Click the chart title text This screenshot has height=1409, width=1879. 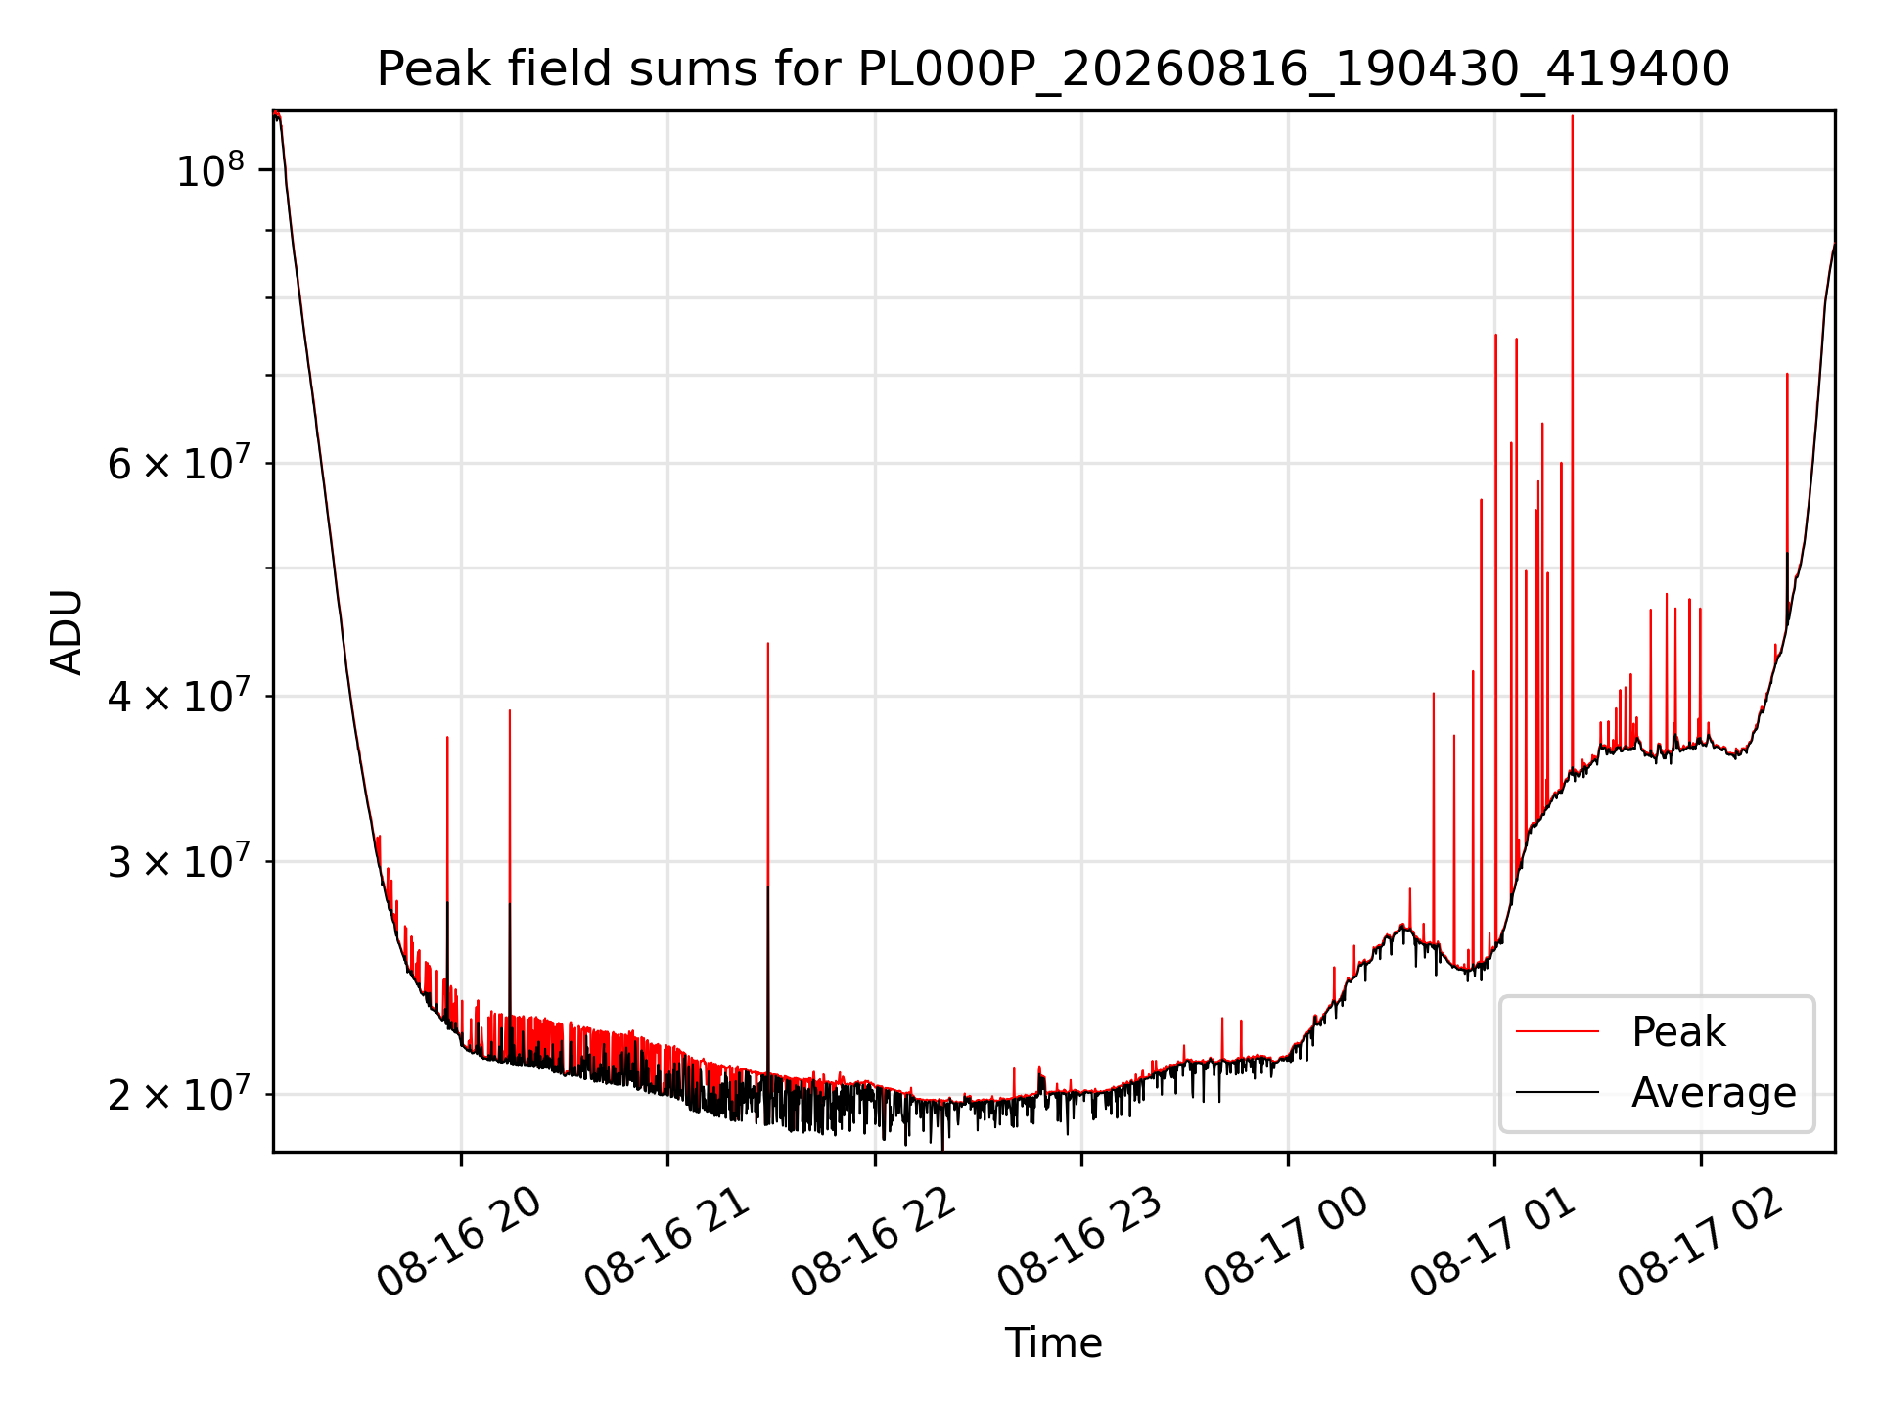point(1053,69)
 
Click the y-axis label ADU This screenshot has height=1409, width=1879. point(67,632)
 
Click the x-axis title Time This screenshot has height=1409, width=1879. point(1053,1343)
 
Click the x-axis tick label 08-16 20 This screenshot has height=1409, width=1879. point(459,1243)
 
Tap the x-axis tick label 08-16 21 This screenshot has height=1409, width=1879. point(666,1243)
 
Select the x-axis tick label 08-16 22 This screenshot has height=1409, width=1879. point(873,1243)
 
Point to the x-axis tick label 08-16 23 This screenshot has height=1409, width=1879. point(1079,1243)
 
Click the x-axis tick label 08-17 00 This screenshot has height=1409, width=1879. point(1286,1243)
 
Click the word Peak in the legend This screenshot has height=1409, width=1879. point(1678,1032)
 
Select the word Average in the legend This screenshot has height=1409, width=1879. point(1714,1092)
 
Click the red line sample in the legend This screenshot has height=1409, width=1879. point(1557,1031)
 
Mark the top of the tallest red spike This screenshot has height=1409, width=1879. point(1573,115)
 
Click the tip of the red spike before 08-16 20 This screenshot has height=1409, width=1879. point(447,737)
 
